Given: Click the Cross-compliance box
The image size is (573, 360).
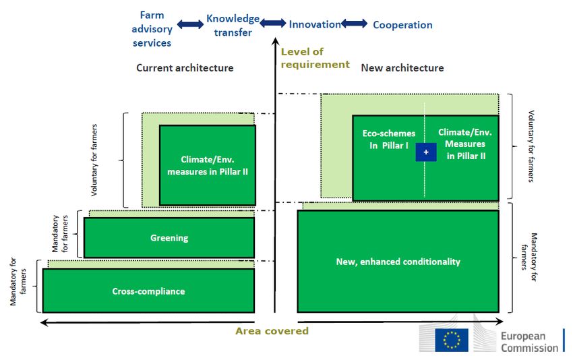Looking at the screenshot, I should pyautogui.click(x=148, y=291).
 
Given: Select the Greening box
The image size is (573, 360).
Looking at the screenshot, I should pyautogui.click(x=169, y=237).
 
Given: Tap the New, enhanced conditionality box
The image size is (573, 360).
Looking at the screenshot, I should pyautogui.click(x=398, y=261).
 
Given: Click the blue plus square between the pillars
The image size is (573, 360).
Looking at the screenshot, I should pyautogui.click(x=426, y=153).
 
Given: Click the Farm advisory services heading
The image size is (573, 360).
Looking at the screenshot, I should pyautogui.click(x=152, y=29).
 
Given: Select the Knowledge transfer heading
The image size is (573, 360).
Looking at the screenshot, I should pyautogui.click(x=233, y=25).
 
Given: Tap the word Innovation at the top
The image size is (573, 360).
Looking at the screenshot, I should pyautogui.click(x=314, y=24).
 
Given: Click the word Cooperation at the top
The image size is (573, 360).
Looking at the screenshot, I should pyautogui.click(x=402, y=25).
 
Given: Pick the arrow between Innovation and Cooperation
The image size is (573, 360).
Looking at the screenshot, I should pyautogui.click(x=355, y=24).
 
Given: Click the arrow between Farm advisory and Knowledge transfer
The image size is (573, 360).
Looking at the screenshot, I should pyautogui.click(x=190, y=25).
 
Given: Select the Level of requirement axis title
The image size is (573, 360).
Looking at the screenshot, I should pyautogui.click(x=315, y=58).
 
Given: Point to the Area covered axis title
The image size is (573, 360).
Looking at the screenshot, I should pyautogui.click(x=272, y=331).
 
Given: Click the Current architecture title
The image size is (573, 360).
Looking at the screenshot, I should pyautogui.click(x=185, y=67).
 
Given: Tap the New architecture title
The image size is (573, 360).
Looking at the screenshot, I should pyautogui.click(x=402, y=67).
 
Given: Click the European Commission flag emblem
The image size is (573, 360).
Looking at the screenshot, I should pyautogui.click(x=451, y=340).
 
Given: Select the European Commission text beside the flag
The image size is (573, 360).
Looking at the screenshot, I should pyautogui.click(x=529, y=342).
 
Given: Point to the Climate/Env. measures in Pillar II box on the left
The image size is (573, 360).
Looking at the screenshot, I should pyautogui.click(x=207, y=165).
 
